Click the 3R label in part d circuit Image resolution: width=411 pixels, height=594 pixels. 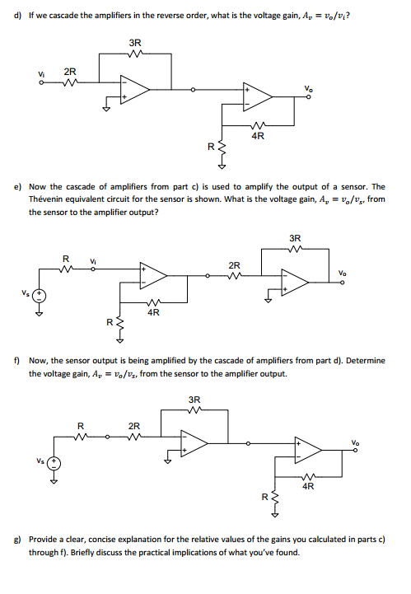(x=135, y=42)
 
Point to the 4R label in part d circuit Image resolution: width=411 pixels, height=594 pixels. (x=256, y=136)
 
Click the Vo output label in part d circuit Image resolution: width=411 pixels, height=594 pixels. (x=308, y=88)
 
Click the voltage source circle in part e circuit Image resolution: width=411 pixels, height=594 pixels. (x=38, y=296)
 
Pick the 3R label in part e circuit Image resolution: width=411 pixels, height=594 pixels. (x=294, y=239)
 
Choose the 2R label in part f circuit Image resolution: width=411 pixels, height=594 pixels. (x=133, y=425)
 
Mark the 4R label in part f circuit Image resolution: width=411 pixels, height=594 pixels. (x=307, y=486)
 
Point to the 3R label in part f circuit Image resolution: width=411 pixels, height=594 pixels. (x=194, y=400)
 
